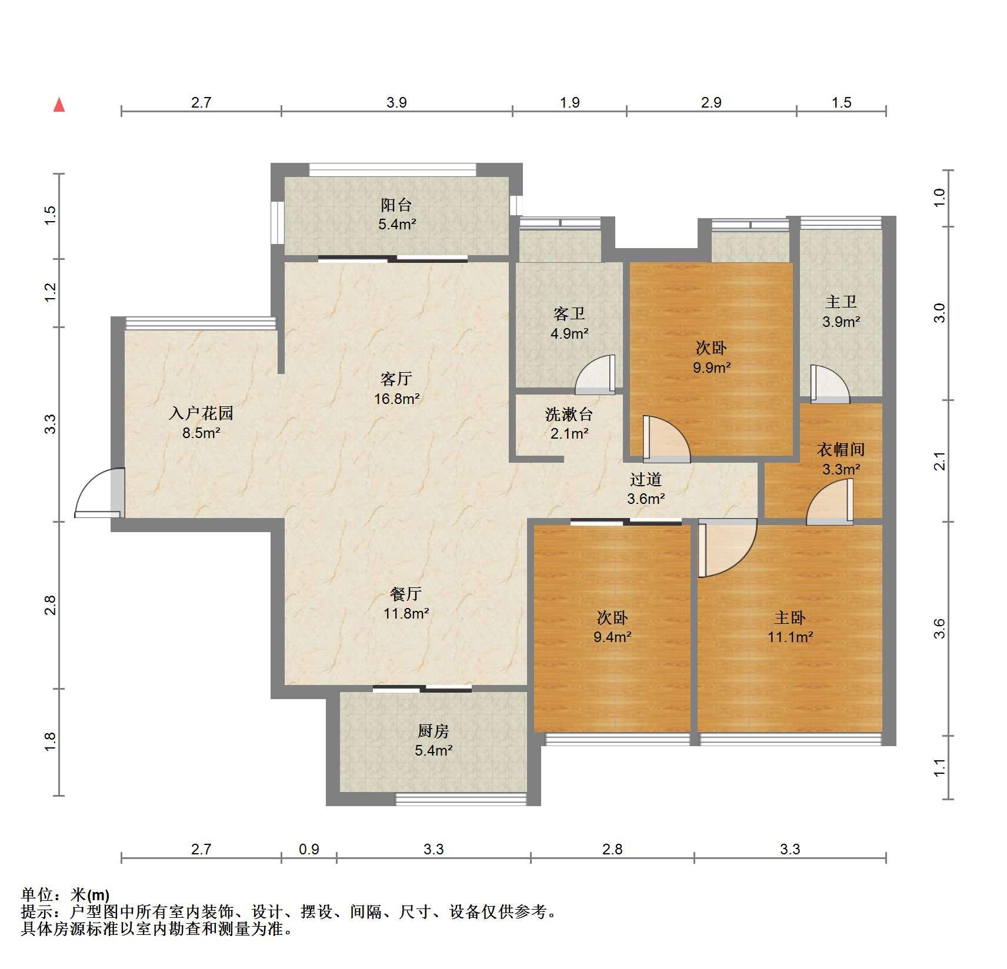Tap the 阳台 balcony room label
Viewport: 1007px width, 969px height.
[396, 205]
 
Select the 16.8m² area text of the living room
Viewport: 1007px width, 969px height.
[397, 399]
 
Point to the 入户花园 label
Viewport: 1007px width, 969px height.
[201, 413]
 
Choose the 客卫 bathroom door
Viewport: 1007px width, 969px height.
[595, 375]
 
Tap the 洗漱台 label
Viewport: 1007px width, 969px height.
[569, 414]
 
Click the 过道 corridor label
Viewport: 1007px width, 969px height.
[646, 479]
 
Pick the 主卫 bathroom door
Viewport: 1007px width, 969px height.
[830, 384]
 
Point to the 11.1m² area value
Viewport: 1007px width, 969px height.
[790, 637]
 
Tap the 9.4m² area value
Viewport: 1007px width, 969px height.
[612, 637]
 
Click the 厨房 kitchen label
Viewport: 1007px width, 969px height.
[434, 731]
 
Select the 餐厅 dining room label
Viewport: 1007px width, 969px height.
[406, 594]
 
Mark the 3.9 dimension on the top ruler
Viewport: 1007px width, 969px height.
[396, 102]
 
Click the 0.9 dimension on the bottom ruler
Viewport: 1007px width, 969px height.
[309, 849]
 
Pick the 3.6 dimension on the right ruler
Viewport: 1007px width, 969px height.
[939, 629]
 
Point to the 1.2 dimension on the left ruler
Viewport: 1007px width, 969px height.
[51, 292]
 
